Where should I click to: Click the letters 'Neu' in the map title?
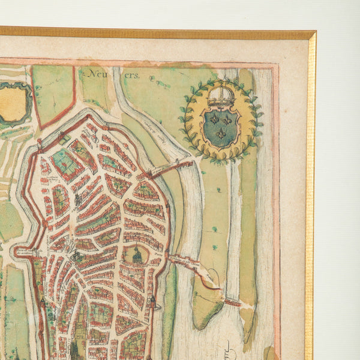pos(93,75)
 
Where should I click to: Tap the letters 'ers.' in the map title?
pos(131,76)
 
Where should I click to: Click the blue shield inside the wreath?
pos(221,127)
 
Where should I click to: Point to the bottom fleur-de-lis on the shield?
pos(221,134)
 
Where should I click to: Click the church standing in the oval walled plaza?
pos(137,256)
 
